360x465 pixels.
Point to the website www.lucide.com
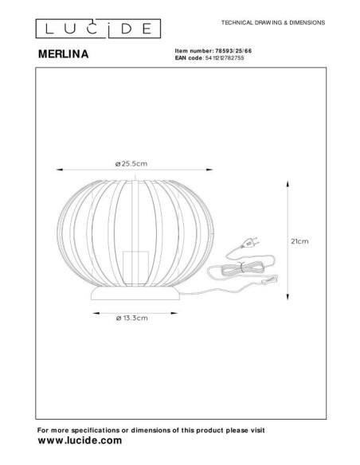point(80,440)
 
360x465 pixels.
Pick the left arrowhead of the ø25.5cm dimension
point(57,169)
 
